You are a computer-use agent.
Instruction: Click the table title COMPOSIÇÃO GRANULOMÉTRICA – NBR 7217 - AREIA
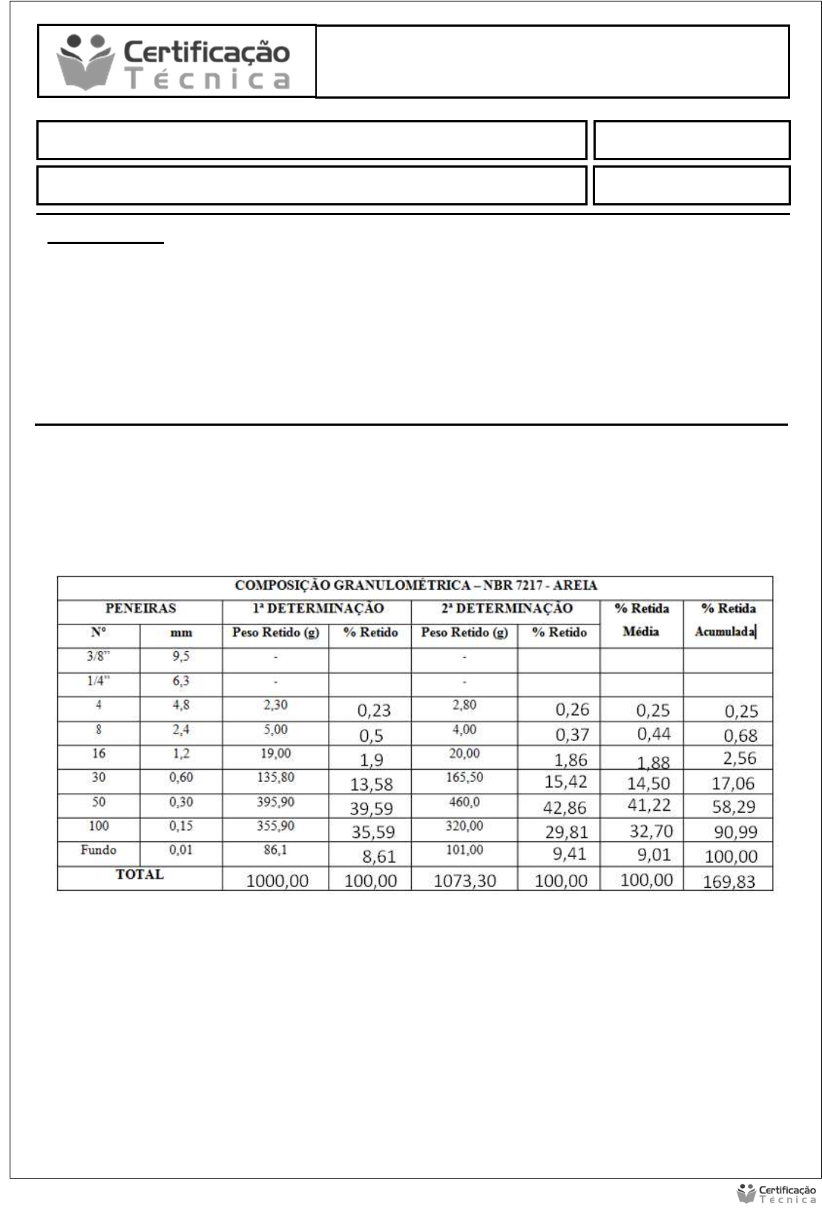click(x=415, y=585)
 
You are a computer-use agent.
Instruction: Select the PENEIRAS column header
click(x=140, y=608)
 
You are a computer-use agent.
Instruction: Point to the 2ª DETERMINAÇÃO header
click(x=507, y=608)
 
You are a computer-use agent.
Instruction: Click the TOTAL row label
click(x=139, y=874)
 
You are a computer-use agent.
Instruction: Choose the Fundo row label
click(x=99, y=850)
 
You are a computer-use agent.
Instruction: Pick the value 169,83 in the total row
click(x=729, y=882)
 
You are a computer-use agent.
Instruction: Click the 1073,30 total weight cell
click(x=464, y=881)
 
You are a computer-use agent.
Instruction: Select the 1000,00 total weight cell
click(x=277, y=881)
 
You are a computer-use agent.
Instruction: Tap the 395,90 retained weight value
click(x=275, y=802)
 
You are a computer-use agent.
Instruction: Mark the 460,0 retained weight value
click(x=464, y=802)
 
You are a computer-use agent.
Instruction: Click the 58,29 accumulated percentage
click(x=733, y=807)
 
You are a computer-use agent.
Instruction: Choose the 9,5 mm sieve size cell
click(x=181, y=656)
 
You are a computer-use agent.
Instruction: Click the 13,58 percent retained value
click(x=372, y=784)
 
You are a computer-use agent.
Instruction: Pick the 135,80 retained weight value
click(x=275, y=777)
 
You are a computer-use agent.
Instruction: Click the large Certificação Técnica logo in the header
click(x=177, y=62)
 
